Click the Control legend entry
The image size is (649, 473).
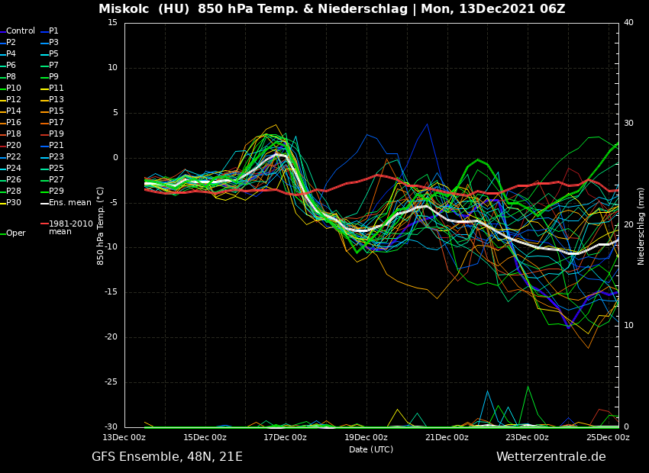pos(21,31)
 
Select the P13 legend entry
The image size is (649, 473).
pos(57,100)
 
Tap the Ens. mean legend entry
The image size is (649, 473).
pos(69,203)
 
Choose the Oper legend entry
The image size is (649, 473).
pos(16,233)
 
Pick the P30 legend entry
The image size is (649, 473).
pos(14,203)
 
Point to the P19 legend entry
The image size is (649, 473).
pos(57,134)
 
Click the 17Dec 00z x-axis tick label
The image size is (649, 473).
pos(285,438)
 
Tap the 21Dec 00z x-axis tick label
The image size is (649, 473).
pos(446,438)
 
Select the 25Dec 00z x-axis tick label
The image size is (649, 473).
pos(608,438)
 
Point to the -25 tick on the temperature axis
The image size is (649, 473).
pos(111,383)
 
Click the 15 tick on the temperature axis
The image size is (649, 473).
pos(113,23)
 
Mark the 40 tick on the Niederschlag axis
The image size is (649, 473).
pos(628,23)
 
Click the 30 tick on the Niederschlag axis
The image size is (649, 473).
pos(628,124)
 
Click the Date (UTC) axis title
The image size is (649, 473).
pos(371,450)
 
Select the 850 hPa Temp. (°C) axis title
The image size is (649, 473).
pos(101,225)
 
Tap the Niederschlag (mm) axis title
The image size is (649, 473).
pos(641,226)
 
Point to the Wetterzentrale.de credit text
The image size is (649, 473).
pos(551,457)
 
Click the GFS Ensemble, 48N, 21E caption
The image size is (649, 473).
pos(167,457)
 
